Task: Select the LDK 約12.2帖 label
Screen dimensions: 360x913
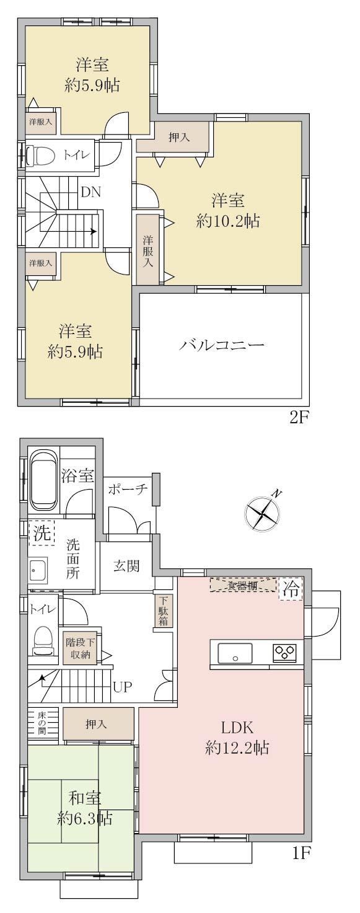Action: click(x=237, y=738)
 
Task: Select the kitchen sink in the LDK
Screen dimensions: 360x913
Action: click(x=235, y=653)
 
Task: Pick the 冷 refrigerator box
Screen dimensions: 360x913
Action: click(x=292, y=588)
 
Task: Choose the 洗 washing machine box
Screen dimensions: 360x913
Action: click(x=42, y=533)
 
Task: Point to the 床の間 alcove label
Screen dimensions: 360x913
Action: click(x=42, y=723)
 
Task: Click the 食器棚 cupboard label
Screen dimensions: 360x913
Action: click(x=244, y=586)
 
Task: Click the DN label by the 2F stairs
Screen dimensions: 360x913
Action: click(x=91, y=192)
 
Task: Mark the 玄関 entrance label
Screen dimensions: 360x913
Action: click(x=126, y=566)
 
